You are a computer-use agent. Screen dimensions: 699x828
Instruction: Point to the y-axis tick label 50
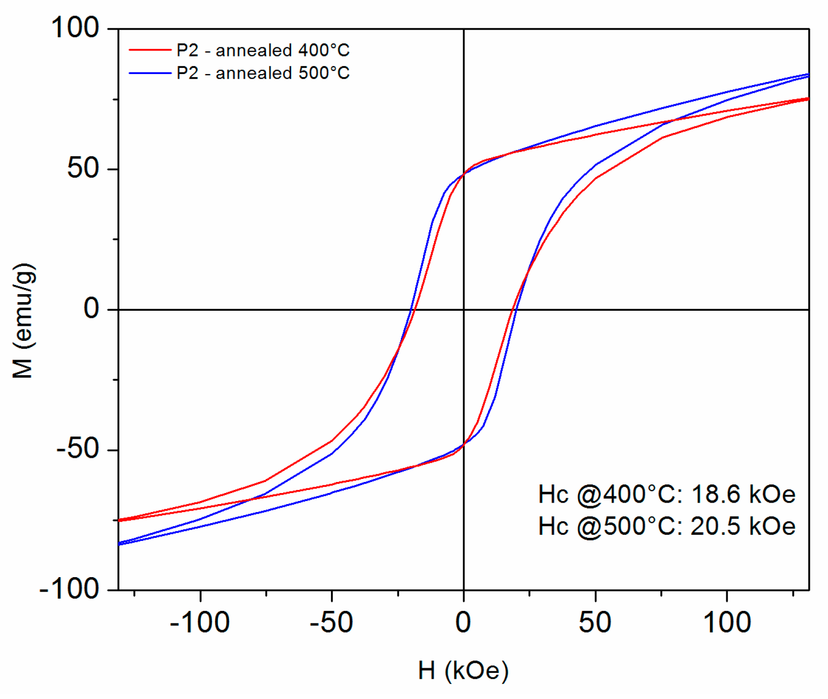pyautogui.click(x=83, y=168)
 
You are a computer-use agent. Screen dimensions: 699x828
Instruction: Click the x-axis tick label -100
pyautogui.click(x=200, y=622)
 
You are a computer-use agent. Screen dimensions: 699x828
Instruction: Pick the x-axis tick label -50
pyautogui.click(x=331, y=622)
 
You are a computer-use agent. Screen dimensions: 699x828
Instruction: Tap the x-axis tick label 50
pyautogui.click(x=595, y=622)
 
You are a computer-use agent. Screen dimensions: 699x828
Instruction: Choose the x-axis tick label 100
pyautogui.click(x=727, y=622)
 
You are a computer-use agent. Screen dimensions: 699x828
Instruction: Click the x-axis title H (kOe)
pyautogui.click(x=463, y=670)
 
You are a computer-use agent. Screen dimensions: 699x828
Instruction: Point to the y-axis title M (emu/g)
pyautogui.click(x=23, y=320)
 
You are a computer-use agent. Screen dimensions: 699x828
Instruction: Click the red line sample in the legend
pyautogui.click(x=150, y=50)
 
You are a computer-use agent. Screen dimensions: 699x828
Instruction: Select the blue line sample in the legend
pyautogui.click(x=150, y=73)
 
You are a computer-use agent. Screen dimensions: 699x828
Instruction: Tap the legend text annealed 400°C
pyautogui.click(x=282, y=50)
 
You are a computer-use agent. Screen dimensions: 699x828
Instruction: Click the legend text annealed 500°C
pyautogui.click(x=282, y=73)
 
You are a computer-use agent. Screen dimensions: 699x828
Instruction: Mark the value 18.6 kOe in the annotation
pyautogui.click(x=743, y=495)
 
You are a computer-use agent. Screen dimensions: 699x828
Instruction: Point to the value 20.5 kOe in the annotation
pyautogui.click(x=743, y=527)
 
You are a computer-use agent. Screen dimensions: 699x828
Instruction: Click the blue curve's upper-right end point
pyautogui.click(x=808, y=75)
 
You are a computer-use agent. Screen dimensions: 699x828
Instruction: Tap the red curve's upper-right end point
pyautogui.click(x=808, y=99)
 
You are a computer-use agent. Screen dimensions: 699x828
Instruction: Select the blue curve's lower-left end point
pyautogui.click(x=119, y=543)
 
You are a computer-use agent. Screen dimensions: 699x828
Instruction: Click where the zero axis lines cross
pyautogui.click(x=463, y=309)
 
